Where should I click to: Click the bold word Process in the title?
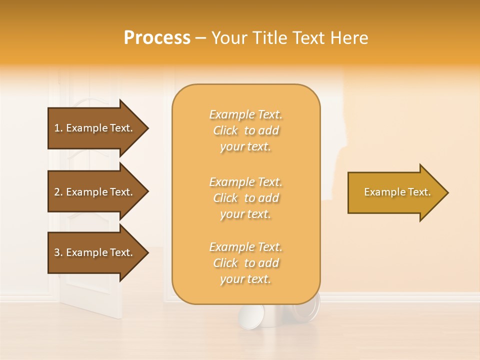pyautogui.click(x=157, y=38)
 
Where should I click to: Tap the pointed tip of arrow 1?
pyautogui.click(x=147, y=128)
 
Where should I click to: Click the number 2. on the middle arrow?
pyautogui.click(x=58, y=192)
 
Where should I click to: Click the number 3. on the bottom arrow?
pyautogui.click(x=58, y=252)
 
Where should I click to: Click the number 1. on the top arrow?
pyautogui.click(x=58, y=128)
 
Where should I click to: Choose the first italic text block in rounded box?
pyautogui.click(x=245, y=130)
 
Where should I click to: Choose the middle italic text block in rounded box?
pyautogui.click(x=245, y=198)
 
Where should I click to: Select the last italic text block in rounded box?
pyautogui.click(x=245, y=263)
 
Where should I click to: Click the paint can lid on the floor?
pyautogui.click(x=248, y=319)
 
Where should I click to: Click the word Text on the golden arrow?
pyautogui.click(x=419, y=192)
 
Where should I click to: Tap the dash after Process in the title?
pyautogui.click(x=201, y=38)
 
